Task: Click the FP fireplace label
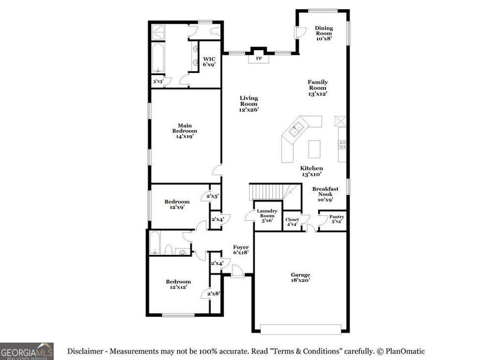[x=259, y=59]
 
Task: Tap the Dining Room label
[x=324, y=33]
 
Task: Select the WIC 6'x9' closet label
[x=209, y=61]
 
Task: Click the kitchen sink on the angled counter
[x=296, y=129]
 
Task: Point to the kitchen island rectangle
[x=314, y=149]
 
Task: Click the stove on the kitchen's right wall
[x=342, y=144]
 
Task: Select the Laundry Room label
[x=267, y=215]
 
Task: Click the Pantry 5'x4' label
[x=336, y=219]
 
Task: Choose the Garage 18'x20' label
[x=300, y=277]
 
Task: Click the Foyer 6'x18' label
[x=241, y=249]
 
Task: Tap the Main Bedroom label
[x=185, y=131]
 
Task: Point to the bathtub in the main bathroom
[x=158, y=58]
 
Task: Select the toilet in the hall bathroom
[x=169, y=249]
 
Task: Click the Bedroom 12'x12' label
[x=178, y=284]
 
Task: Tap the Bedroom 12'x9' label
[x=176, y=204]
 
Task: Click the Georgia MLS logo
[x=27, y=351]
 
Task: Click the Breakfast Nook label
[x=325, y=194]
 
